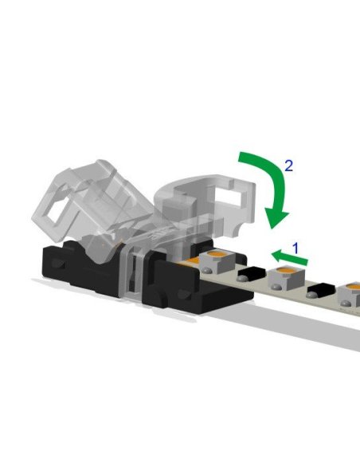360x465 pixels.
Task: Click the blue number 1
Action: point(296,248)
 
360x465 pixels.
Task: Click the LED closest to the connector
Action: point(215,260)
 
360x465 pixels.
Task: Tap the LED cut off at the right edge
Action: point(350,296)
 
